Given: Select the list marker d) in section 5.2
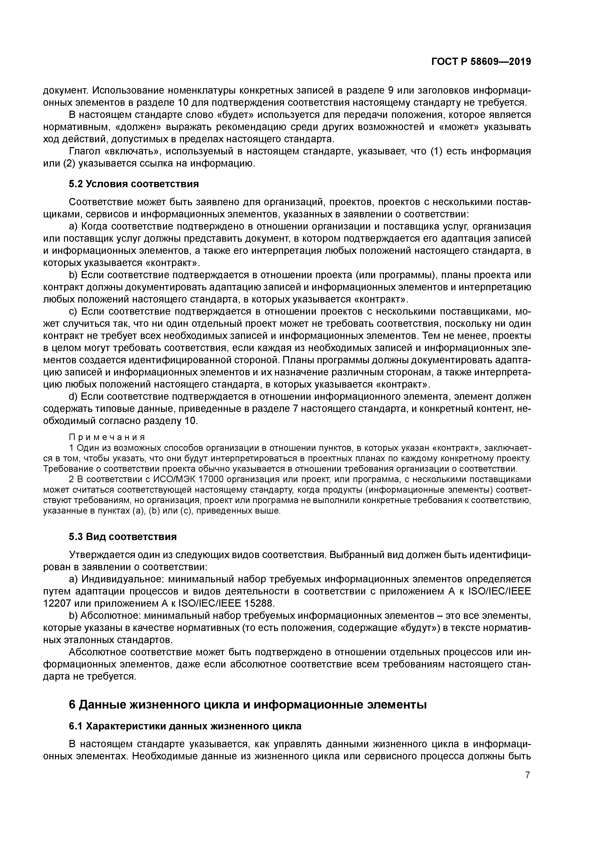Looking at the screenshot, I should (x=74, y=397).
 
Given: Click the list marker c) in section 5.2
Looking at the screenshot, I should (x=74, y=311).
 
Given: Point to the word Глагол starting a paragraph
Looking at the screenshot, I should (x=85, y=151).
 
